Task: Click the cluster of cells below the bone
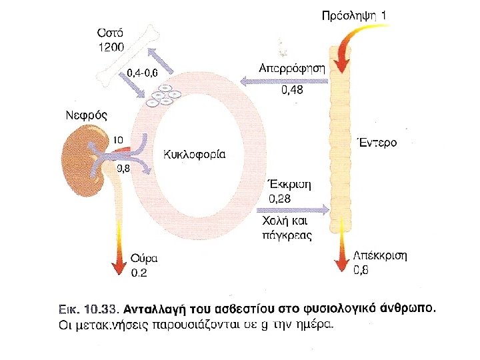(x=163, y=97)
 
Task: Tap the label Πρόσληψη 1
(x=353, y=15)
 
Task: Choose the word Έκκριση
(x=289, y=185)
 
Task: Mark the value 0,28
(x=280, y=199)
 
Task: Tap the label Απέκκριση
(x=381, y=255)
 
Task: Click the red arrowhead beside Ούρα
(x=119, y=265)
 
